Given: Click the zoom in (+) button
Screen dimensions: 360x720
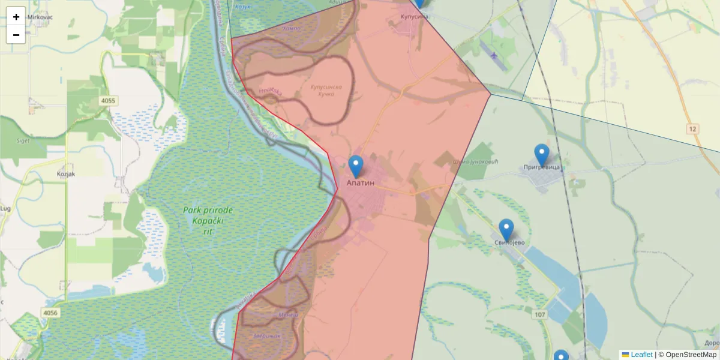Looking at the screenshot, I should pyautogui.click(x=16, y=17).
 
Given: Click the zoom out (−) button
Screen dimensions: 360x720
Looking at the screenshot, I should pyautogui.click(x=16, y=35).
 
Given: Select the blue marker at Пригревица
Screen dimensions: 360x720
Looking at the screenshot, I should pyautogui.click(x=542, y=155).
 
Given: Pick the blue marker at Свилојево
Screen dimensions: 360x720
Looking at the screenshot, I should pyautogui.click(x=506, y=230).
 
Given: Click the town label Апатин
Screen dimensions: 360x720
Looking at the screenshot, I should pyautogui.click(x=361, y=182).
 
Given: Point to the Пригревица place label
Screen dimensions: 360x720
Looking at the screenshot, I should pyautogui.click(x=541, y=167).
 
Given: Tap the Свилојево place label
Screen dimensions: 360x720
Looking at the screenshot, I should pyautogui.click(x=510, y=242).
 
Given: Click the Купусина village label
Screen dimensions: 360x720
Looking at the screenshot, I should pyautogui.click(x=415, y=17).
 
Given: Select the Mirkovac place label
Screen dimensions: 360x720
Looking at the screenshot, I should pyautogui.click(x=40, y=17).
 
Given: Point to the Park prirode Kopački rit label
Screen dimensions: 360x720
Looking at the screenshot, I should pyautogui.click(x=208, y=220).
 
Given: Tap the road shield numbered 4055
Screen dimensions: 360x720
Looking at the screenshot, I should pyautogui.click(x=109, y=101).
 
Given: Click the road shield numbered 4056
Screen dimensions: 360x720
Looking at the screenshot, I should pyautogui.click(x=51, y=313).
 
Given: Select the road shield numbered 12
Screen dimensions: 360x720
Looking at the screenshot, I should pyautogui.click(x=693, y=129).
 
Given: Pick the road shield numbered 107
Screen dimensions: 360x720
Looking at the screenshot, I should pyautogui.click(x=540, y=314).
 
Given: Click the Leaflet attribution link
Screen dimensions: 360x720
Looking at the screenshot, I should pyautogui.click(x=641, y=355).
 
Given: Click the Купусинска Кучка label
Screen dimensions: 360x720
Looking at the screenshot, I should pyautogui.click(x=326, y=91).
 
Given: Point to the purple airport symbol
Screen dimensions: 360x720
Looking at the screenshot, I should pyautogui.click(x=494, y=56).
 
